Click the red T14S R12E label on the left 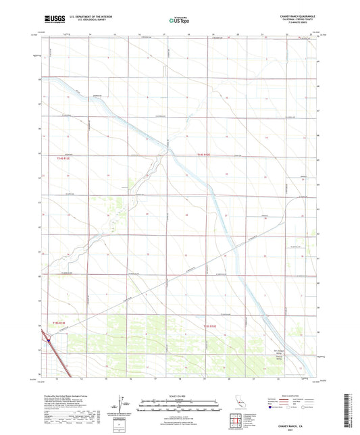(61, 158)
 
